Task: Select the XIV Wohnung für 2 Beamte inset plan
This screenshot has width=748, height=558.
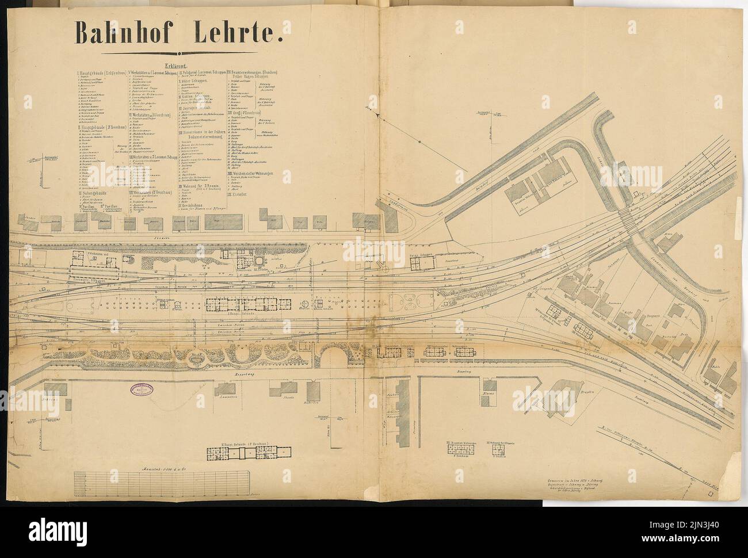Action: (497, 451)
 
